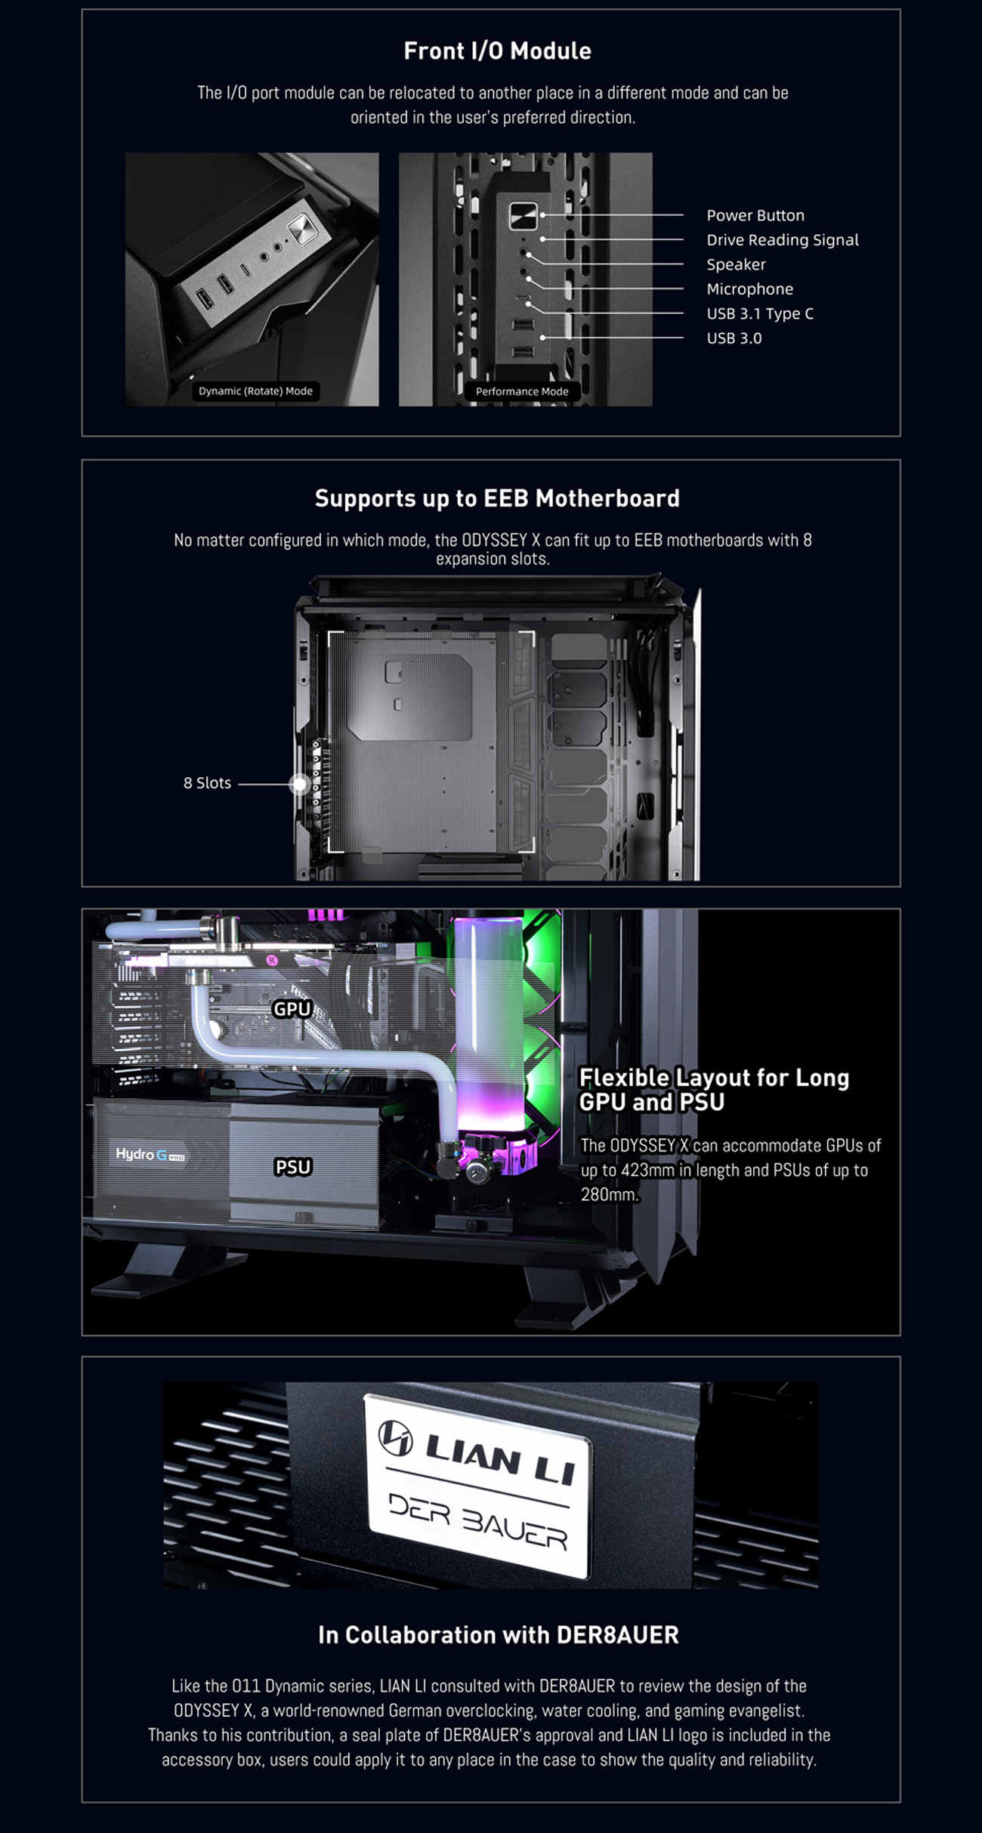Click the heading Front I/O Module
tap(497, 51)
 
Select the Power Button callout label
tap(755, 215)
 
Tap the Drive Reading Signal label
tap(782, 240)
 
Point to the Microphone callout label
tap(749, 289)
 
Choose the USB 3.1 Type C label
tap(759, 314)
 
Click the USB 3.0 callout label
tap(733, 338)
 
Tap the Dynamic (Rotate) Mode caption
tap(255, 391)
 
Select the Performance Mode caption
tap(521, 391)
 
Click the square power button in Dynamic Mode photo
tap(300, 227)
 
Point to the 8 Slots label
tap(207, 783)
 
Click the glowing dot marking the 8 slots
tap(299, 784)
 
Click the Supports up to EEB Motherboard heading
tap(497, 498)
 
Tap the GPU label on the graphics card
tap(292, 1009)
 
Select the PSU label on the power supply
tap(292, 1167)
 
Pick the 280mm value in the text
tap(609, 1194)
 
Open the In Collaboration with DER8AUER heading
tap(498, 1635)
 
